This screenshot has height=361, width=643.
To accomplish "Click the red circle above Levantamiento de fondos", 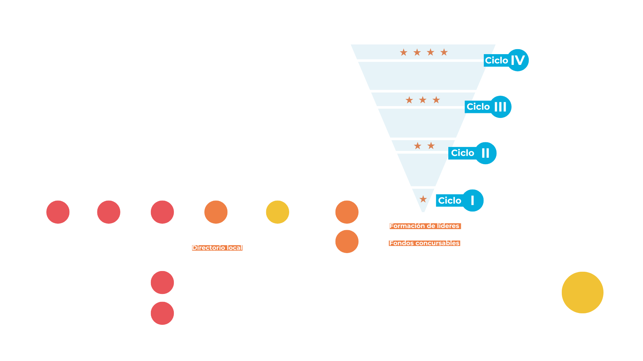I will tap(58, 212).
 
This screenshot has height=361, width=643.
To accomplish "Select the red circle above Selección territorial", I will tap(108, 212).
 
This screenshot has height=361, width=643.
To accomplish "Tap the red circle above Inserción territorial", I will tap(162, 212).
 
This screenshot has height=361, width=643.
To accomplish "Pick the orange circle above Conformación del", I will tap(216, 212).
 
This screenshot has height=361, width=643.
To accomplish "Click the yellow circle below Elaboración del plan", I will tap(277, 212).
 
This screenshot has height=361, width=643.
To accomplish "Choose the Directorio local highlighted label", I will tap(217, 248).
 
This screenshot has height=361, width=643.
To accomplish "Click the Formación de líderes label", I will tap(425, 226).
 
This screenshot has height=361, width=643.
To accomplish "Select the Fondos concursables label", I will tap(425, 243).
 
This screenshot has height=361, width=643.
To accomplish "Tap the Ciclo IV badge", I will tap(506, 60).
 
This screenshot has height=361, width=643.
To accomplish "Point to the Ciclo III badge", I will tap(487, 107).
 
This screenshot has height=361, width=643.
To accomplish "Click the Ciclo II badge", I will tap(472, 153).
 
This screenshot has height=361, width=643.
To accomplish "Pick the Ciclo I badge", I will tap(459, 200).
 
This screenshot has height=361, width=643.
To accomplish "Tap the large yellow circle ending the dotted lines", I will tap(582, 293).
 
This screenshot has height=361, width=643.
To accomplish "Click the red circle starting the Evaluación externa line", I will tap(162, 282).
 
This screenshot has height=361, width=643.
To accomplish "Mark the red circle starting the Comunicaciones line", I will tap(162, 313).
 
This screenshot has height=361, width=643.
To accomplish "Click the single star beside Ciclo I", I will tap(423, 199).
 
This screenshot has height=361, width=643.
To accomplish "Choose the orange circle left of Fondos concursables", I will tap(347, 242).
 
